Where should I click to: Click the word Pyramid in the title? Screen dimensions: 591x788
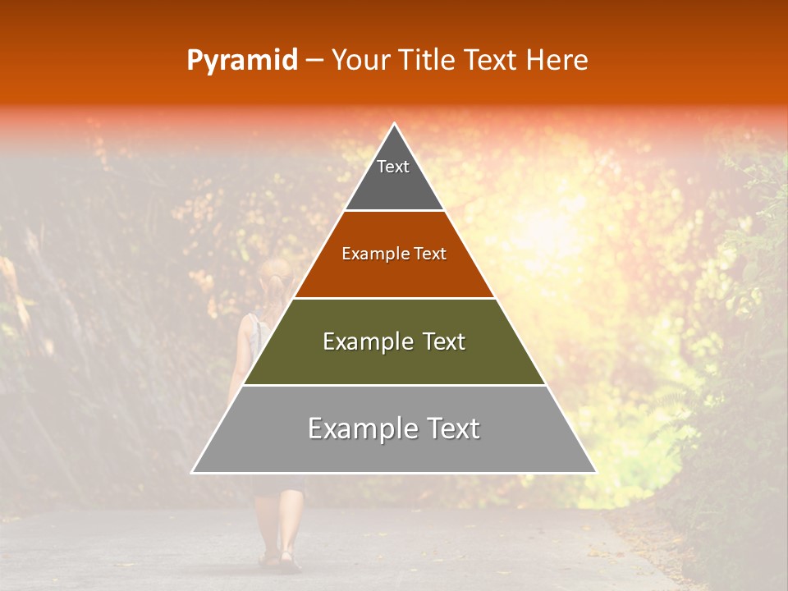point(242,61)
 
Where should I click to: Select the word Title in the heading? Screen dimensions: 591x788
point(428,61)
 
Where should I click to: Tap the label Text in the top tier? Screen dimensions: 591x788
point(393,167)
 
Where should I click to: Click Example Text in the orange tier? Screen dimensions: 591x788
point(394,254)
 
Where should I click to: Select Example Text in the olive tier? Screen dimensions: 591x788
point(394,341)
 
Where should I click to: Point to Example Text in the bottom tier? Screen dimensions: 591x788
point(394,428)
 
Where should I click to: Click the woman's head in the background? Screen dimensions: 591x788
point(276,275)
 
